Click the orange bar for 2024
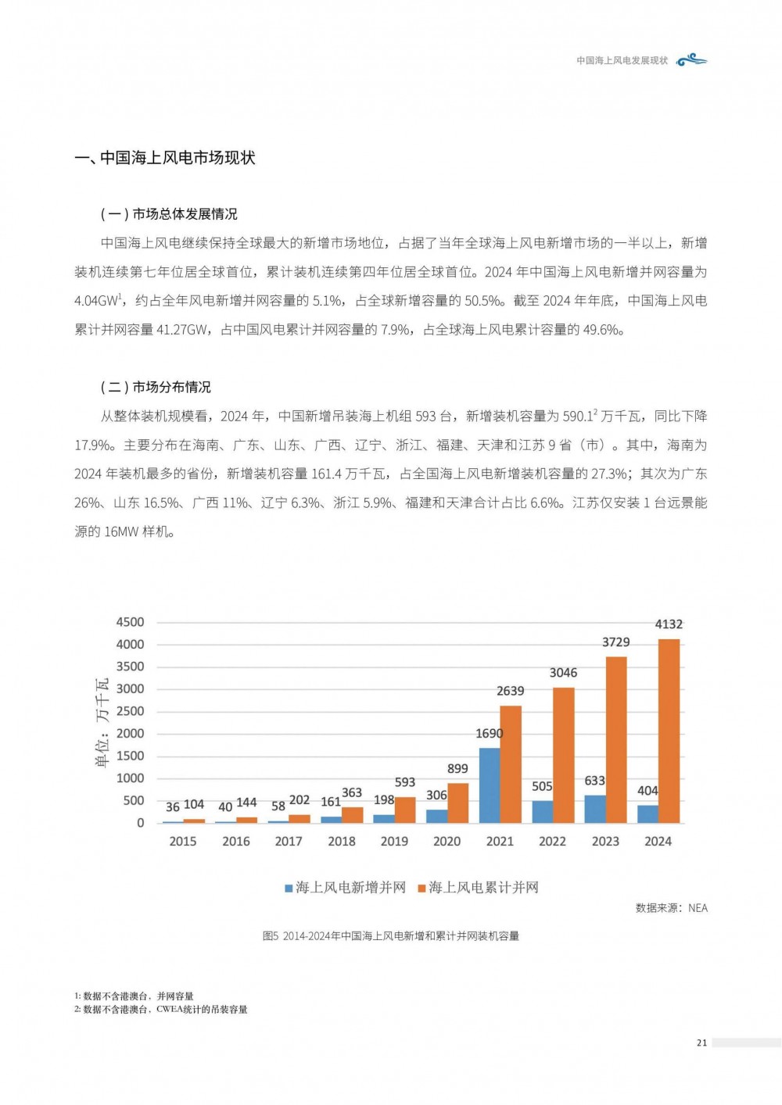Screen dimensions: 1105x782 669,731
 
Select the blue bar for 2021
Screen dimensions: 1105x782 490,785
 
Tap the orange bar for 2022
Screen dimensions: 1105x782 563,755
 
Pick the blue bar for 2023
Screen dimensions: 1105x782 595,809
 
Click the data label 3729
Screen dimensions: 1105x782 615,642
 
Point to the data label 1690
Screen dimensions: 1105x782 490,734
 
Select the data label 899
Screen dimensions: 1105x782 457,769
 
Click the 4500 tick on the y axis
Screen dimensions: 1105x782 130,622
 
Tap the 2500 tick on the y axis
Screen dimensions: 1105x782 130,711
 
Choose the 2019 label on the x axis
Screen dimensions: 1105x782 394,842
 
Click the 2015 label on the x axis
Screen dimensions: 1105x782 183,842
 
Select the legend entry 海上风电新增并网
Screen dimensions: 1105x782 346,888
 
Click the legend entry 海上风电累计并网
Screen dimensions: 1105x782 479,888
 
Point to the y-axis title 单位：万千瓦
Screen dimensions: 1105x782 102,723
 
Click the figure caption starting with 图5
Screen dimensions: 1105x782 391,936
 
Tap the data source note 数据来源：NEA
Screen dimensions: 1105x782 671,908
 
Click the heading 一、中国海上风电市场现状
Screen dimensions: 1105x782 165,158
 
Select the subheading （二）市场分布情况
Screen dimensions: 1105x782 156,388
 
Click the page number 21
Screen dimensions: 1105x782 701,1042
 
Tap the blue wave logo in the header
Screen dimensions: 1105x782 691,60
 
